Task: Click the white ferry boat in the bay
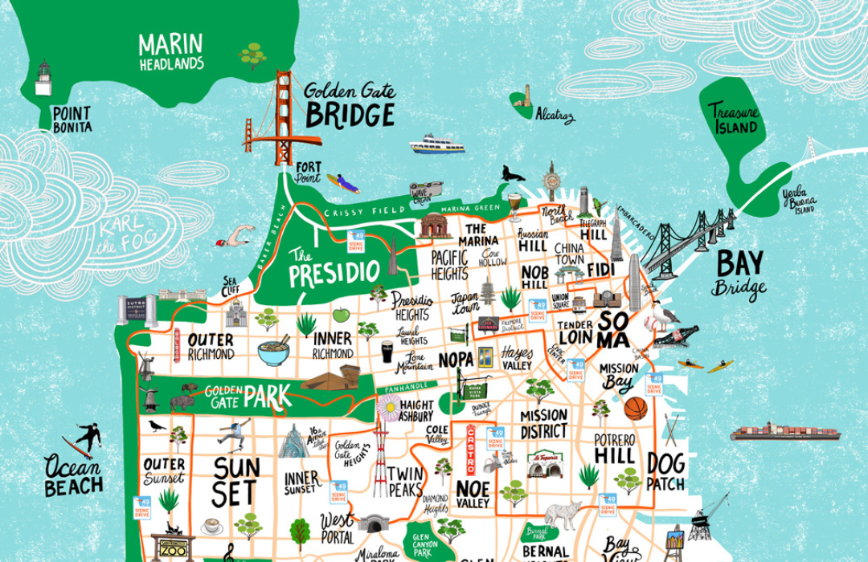click(x=436, y=145)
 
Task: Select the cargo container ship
click(x=763, y=433)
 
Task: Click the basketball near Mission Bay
click(x=635, y=409)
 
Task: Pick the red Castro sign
click(x=471, y=450)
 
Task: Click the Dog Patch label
click(x=665, y=472)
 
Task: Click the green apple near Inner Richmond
click(x=341, y=315)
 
